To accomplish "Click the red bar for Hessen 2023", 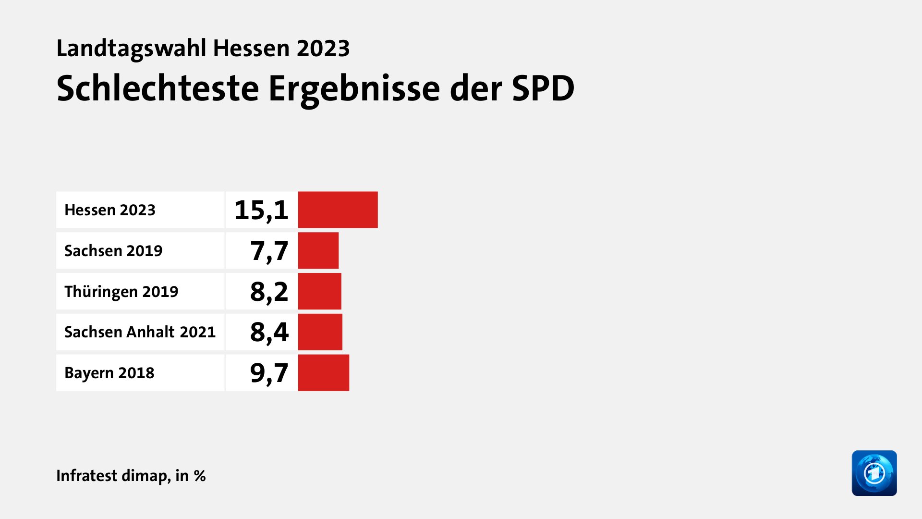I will click(x=338, y=210).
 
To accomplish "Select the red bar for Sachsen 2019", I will click(x=318, y=250).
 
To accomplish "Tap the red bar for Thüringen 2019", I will click(x=319, y=291).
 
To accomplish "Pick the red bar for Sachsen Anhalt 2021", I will click(x=320, y=332).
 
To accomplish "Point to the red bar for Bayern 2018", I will click(x=323, y=373).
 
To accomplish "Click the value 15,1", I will click(x=261, y=210).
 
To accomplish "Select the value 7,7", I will click(x=269, y=251).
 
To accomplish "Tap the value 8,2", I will click(x=269, y=292).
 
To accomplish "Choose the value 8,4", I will click(x=269, y=332).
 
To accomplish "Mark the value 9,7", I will click(x=269, y=373).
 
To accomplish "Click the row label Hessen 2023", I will click(x=110, y=210).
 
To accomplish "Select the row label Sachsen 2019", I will click(x=113, y=251).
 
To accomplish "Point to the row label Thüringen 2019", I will click(x=121, y=292).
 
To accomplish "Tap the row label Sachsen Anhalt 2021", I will click(x=140, y=332).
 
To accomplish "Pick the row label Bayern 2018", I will click(x=109, y=373).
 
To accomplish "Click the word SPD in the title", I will click(x=543, y=88).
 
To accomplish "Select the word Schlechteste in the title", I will click(x=158, y=88).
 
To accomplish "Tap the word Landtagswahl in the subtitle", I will click(x=131, y=48).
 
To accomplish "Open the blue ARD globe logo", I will click(x=874, y=473).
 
